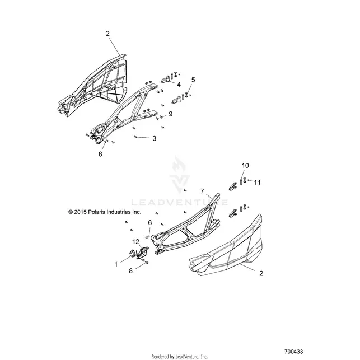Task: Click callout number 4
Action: click(x=179, y=85)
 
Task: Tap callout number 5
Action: click(x=193, y=80)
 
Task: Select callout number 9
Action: click(x=170, y=114)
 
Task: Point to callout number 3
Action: click(x=155, y=138)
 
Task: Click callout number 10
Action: click(x=245, y=166)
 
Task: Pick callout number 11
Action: click(x=258, y=183)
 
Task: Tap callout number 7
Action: click(x=202, y=191)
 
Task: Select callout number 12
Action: click(x=135, y=241)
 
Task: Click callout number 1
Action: click(x=116, y=264)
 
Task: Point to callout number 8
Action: click(x=130, y=271)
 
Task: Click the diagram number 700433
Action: click(x=293, y=352)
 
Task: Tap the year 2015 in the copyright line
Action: click(x=81, y=212)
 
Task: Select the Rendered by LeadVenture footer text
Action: click(x=180, y=357)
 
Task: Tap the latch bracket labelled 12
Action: click(x=142, y=252)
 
